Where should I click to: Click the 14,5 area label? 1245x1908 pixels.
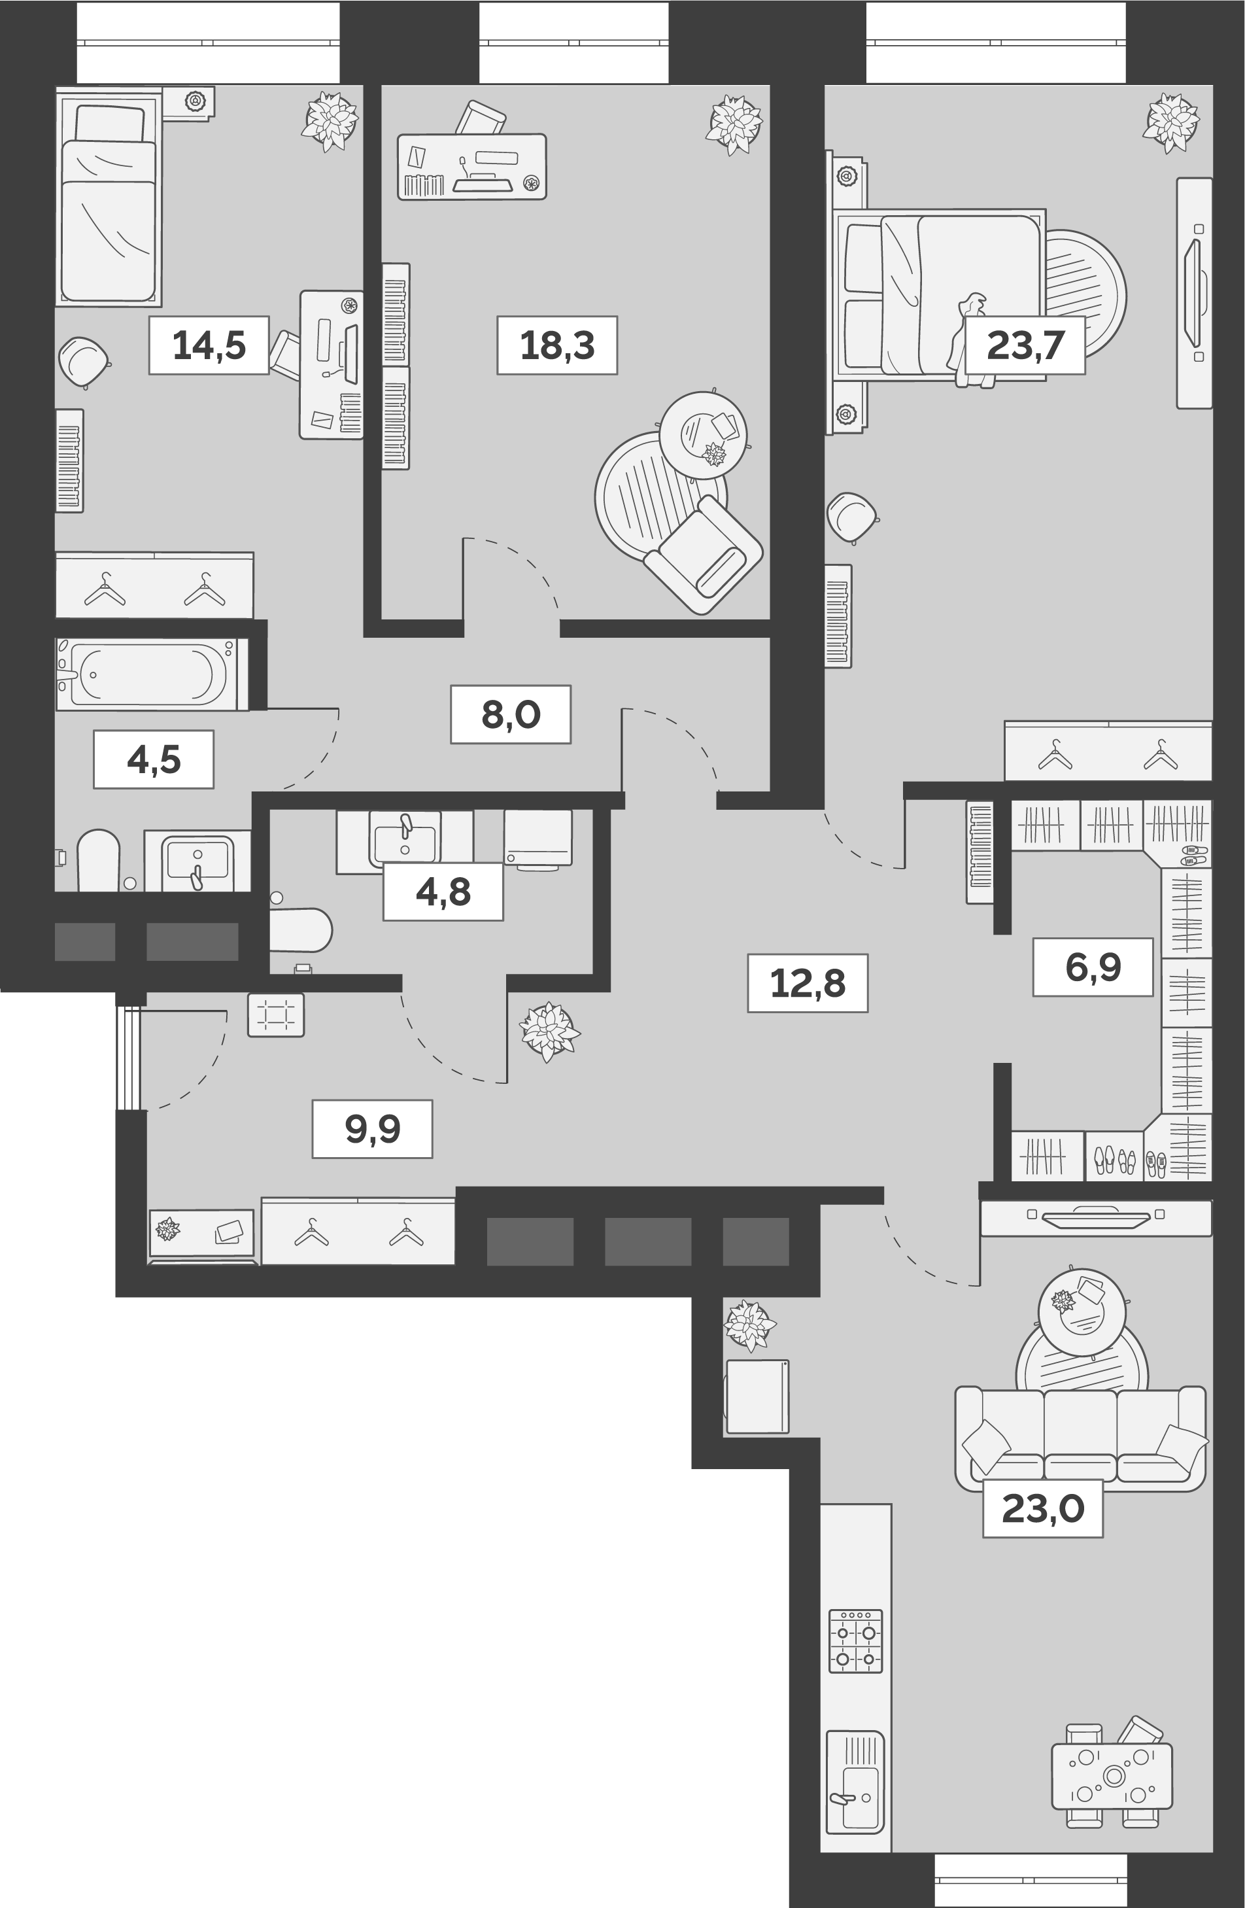click(x=209, y=345)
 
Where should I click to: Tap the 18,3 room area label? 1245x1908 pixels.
click(x=556, y=345)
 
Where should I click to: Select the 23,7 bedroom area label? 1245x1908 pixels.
click(x=1025, y=345)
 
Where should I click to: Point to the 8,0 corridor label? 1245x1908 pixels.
click(x=511, y=714)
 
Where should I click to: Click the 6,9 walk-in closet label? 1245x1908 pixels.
click(x=1093, y=967)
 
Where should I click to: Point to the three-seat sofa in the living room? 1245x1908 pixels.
click(x=1080, y=1439)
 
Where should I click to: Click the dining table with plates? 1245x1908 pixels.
click(x=1112, y=1776)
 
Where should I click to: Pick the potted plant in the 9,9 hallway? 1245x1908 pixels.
click(x=549, y=1031)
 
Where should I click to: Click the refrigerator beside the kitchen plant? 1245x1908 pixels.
click(x=757, y=1396)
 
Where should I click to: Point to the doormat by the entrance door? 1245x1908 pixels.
click(x=276, y=1015)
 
